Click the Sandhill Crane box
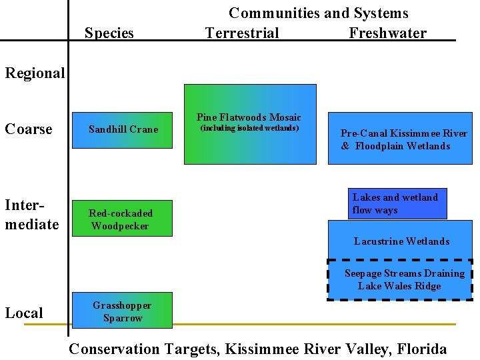coord(123,129)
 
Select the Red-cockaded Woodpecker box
coord(121,219)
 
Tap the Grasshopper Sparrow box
coord(122,311)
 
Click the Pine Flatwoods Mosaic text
coord(249,117)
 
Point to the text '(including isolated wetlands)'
coord(249,128)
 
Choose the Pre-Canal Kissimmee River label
coord(404,133)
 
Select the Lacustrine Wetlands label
coord(401,241)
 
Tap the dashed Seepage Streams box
coord(400,280)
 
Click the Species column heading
coord(109,33)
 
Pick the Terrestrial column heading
coord(242,33)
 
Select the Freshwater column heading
coord(387,33)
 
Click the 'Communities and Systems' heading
coord(319,13)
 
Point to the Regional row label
coord(35,73)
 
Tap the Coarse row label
coord(29,129)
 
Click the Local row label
coord(24,313)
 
